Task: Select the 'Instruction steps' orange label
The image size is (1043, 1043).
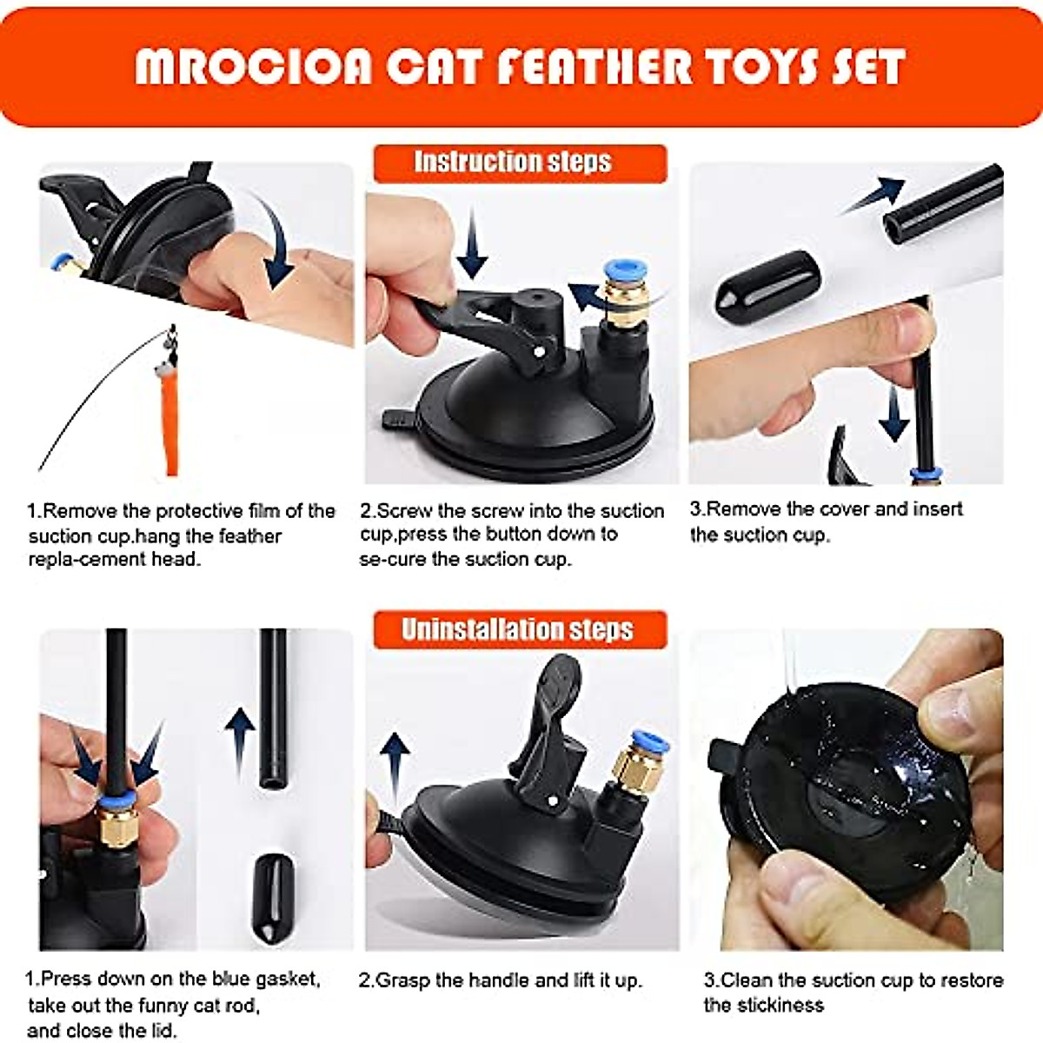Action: tap(520, 163)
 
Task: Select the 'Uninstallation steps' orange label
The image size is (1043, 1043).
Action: tap(520, 629)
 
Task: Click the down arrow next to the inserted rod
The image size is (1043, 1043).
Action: tap(893, 413)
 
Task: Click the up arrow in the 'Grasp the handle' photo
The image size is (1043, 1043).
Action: tap(395, 765)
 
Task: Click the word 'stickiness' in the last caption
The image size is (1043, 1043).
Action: tap(763, 1006)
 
